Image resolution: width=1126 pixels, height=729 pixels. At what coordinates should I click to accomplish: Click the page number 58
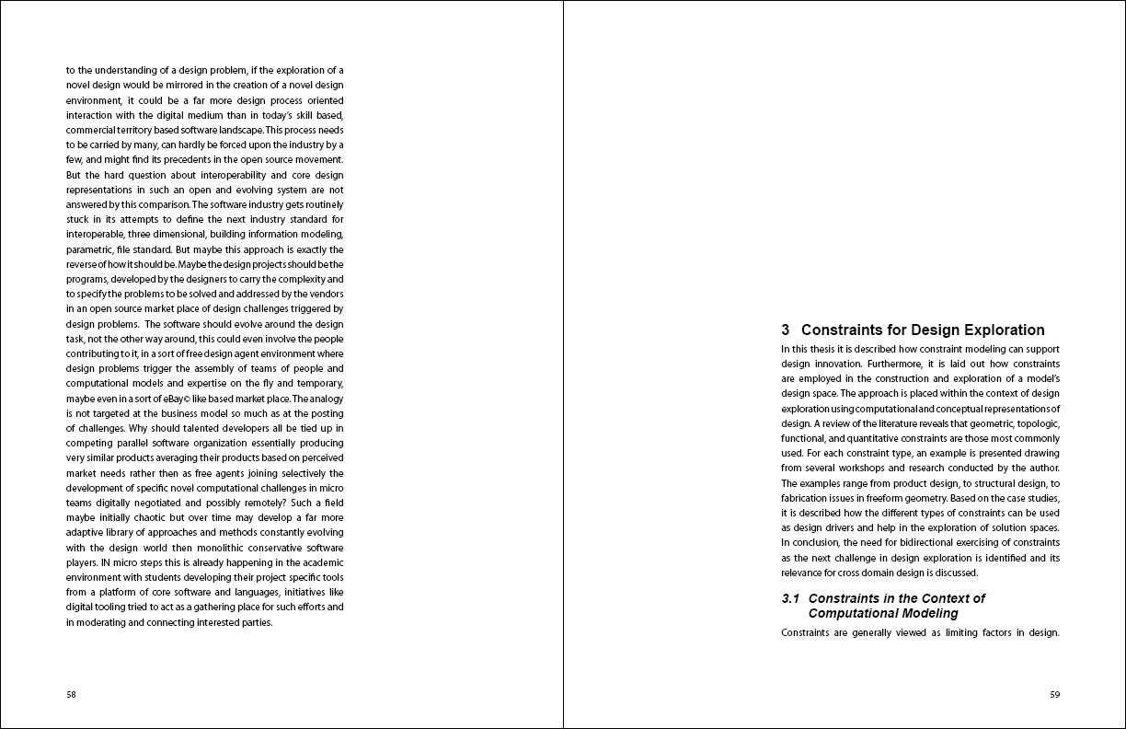[x=71, y=695]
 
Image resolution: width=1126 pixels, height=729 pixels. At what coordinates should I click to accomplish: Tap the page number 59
[x=1054, y=695]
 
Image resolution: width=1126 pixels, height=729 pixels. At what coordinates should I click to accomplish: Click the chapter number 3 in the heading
[x=786, y=330]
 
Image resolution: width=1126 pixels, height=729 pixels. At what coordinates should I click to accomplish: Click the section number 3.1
[x=790, y=598]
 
